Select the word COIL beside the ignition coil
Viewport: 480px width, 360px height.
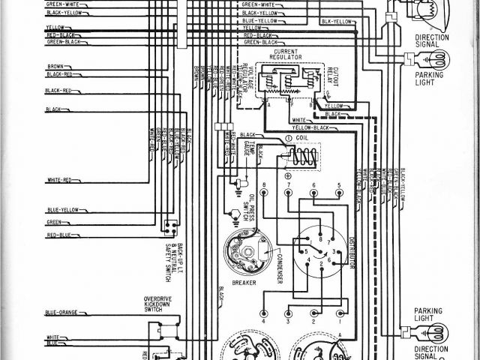click(x=302, y=137)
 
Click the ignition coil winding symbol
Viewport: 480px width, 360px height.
click(x=304, y=157)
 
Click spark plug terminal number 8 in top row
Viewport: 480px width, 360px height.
click(x=264, y=192)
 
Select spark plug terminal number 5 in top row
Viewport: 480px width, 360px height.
click(x=340, y=192)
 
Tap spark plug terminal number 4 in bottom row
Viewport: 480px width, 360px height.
click(x=264, y=313)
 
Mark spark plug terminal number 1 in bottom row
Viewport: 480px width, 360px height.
click(x=340, y=313)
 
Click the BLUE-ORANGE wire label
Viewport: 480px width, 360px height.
click(x=61, y=312)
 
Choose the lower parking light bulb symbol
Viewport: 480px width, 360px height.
click(x=435, y=329)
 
